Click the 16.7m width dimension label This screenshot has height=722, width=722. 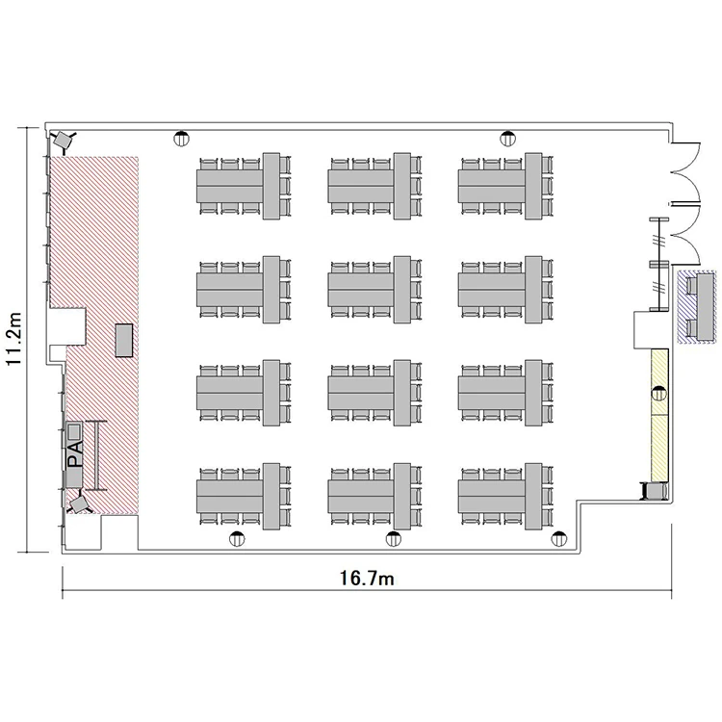tap(367, 579)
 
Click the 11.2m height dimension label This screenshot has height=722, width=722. tap(13, 339)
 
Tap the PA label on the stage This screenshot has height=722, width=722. tap(75, 454)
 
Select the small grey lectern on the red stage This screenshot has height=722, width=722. tap(124, 340)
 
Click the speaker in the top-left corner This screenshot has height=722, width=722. tap(64, 139)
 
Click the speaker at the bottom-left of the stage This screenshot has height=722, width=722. tap(79, 503)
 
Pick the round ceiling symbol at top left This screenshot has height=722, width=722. tap(181, 138)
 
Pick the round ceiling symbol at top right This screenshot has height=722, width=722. tap(508, 138)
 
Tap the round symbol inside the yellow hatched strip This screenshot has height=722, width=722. tap(659, 394)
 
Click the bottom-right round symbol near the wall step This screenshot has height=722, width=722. tap(559, 538)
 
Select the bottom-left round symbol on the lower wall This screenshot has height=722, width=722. tap(237, 538)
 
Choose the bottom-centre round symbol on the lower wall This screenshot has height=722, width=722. tap(393, 538)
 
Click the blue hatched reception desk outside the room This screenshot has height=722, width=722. tap(697, 307)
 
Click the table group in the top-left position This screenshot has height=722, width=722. tap(245, 186)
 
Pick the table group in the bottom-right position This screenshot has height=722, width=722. tap(505, 497)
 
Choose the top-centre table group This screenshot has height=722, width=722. tap(374, 186)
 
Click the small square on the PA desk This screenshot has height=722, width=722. tap(74, 432)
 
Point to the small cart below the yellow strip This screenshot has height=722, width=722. tap(655, 491)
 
